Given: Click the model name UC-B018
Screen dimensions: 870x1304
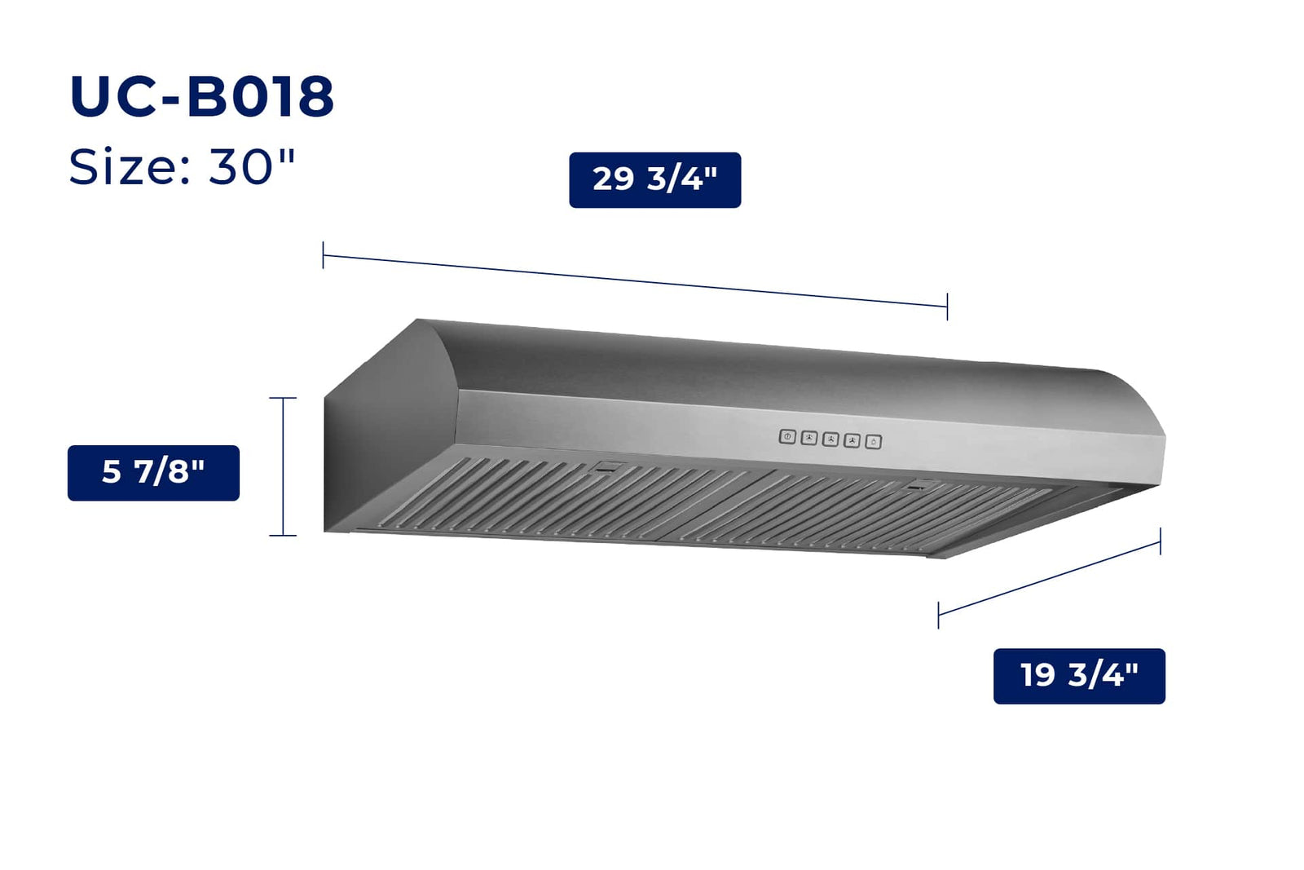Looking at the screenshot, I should pyautogui.click(x=201, y=97).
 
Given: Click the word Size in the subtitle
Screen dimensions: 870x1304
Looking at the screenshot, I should pyautogui.click(x=123, y=167).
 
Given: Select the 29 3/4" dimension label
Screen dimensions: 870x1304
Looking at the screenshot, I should pyautogui.click(x=654, y=179).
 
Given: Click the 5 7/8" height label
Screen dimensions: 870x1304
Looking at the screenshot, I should pyautogui.click(x=153, y=473).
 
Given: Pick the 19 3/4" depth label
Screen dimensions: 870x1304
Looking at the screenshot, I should pyautogui.click(x=1079, y=676).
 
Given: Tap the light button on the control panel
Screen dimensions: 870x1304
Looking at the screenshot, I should pyautogui.click(x=873, y=442).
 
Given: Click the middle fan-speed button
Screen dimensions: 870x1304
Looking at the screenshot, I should pyautogui.click(x=830, y=439).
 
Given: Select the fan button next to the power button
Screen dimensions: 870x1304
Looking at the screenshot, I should pyautogui.click(x=808, y=439).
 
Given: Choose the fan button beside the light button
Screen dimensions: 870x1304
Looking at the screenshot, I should pyautogui.click(x=852, y=441).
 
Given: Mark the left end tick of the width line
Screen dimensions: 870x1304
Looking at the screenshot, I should pyautogui.click(x=324, y=255).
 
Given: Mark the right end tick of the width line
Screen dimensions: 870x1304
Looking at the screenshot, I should pyautogui.click(x=947, y=307).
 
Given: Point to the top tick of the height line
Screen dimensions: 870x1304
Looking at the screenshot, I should pyautogui.click(x=283, y=398).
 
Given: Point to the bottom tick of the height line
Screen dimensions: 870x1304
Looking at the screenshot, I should pyautogui.click(x=283, y=536).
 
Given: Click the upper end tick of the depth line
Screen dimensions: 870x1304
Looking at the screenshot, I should pyautogui.click(x=1160, y=541).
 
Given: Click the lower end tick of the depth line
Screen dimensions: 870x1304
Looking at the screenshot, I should pyautogui.click(x=939, y=615).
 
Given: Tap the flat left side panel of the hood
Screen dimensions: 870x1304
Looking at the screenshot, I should pyautogui.click(x=383, y=448).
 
